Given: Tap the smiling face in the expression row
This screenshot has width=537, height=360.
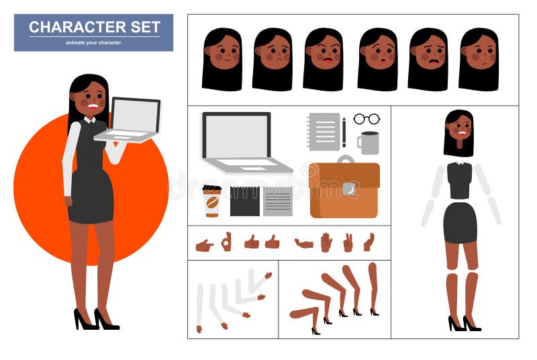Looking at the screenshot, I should (222, 57).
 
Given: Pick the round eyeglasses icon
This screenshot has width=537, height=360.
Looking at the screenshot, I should (367, 119).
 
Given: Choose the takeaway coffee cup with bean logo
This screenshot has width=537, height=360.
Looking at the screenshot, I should (212, 201).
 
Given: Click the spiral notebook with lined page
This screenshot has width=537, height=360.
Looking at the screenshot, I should (324, 131).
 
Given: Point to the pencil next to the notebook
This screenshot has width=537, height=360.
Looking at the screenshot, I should (344, 132).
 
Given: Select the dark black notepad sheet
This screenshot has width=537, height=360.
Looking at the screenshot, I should (244, 201).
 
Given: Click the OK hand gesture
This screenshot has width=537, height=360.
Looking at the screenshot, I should (226, 241).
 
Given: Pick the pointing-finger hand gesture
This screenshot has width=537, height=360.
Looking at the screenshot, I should (204, 245).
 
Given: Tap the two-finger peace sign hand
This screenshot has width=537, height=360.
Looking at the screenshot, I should (348, 242).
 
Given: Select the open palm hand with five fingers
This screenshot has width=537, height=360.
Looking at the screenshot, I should (326, 242).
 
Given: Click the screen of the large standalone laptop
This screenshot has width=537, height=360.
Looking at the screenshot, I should (236, 136).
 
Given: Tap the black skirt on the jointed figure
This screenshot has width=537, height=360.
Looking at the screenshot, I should (460, 222).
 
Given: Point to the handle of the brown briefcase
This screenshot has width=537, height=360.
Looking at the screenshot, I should (345, 159).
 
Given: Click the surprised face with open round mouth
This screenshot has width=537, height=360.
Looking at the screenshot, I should (378, 57).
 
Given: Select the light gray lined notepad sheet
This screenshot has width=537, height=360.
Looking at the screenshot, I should (277, 201).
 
